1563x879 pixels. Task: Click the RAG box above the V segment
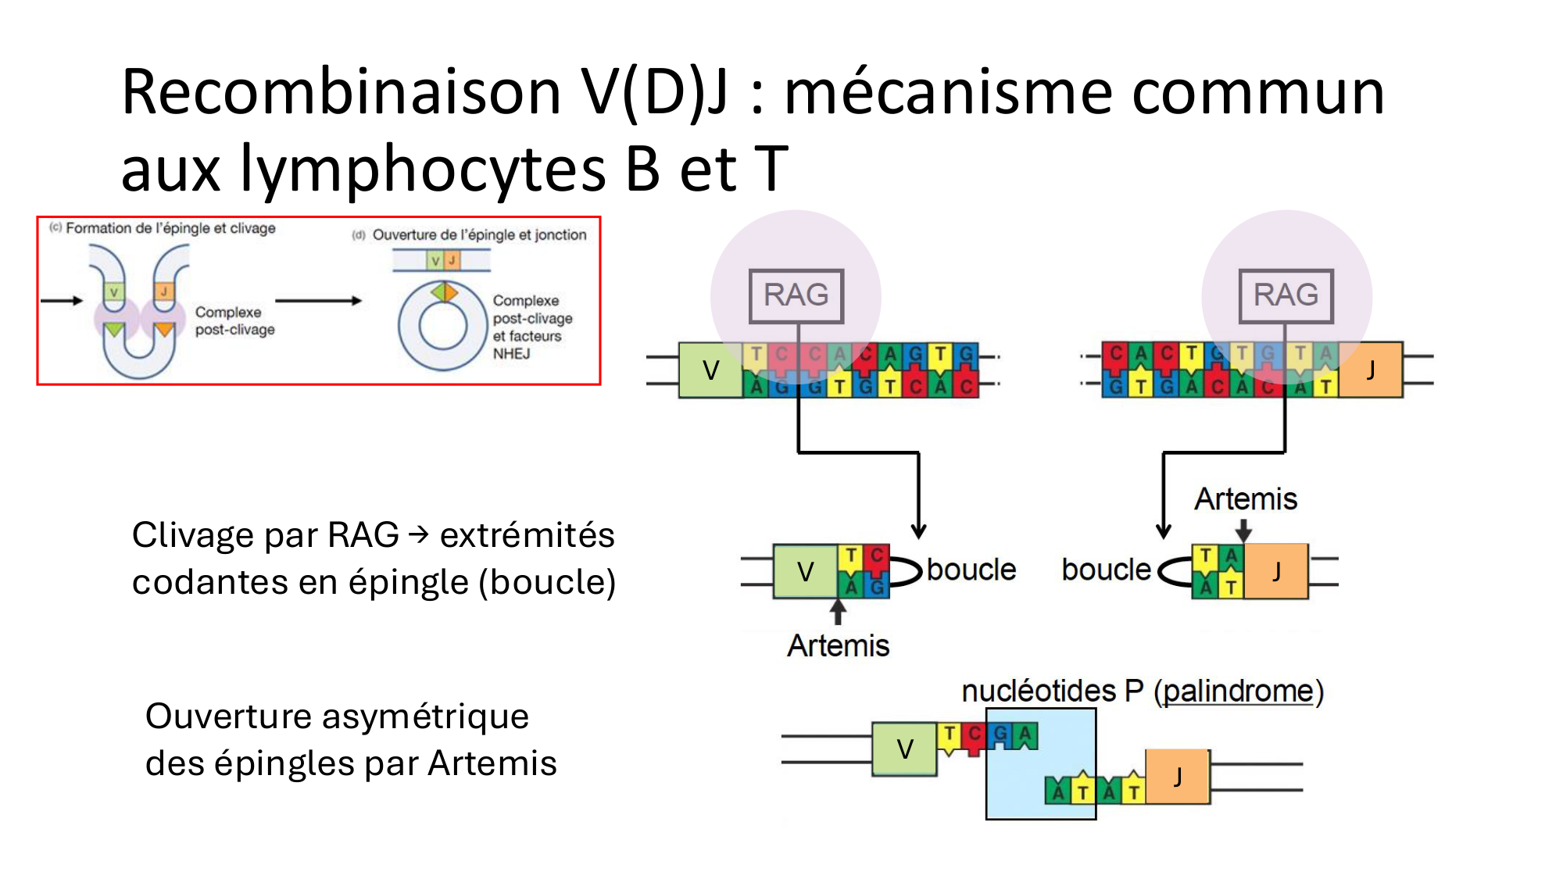[796, 296]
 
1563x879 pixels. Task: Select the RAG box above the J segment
[1286, 296]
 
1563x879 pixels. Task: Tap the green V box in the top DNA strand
[710, 370]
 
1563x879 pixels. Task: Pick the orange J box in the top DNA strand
[1371, 370]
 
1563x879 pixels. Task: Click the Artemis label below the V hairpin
[838, 646]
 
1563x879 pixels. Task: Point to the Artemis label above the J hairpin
[1246, 499]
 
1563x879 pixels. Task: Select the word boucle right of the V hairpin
[971, 570]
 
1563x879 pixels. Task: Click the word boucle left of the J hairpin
[1106, 570]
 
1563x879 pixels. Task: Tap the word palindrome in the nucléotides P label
[1239, 691]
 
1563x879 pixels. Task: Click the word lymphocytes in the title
[423, 169]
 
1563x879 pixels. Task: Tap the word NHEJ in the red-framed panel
[511, 354]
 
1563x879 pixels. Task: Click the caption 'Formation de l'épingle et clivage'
[170, 228]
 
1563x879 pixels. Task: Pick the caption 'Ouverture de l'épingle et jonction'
[479, 234]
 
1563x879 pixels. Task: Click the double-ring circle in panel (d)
[442, 326]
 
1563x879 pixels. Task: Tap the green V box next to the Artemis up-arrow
[805, 572]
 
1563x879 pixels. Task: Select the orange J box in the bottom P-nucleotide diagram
[1178, 776]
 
